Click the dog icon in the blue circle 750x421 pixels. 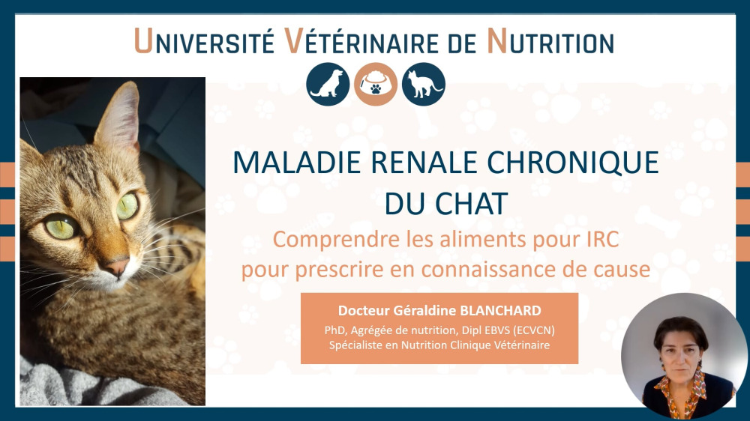pos(328,84)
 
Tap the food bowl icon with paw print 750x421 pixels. pos(376,84)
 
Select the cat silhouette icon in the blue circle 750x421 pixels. pos(423,84)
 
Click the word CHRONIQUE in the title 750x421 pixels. pos(573,163)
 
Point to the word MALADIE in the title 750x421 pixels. pos(297,163)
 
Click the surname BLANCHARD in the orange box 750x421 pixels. pos(500,311)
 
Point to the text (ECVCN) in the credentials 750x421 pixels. pos(532,330)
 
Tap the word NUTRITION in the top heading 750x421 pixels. pos(550,41)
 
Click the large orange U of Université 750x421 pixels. pos(143,41)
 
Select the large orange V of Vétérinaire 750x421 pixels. pos(294,41)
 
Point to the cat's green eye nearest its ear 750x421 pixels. pos(127,205)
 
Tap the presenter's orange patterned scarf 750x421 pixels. pos(682,391)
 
